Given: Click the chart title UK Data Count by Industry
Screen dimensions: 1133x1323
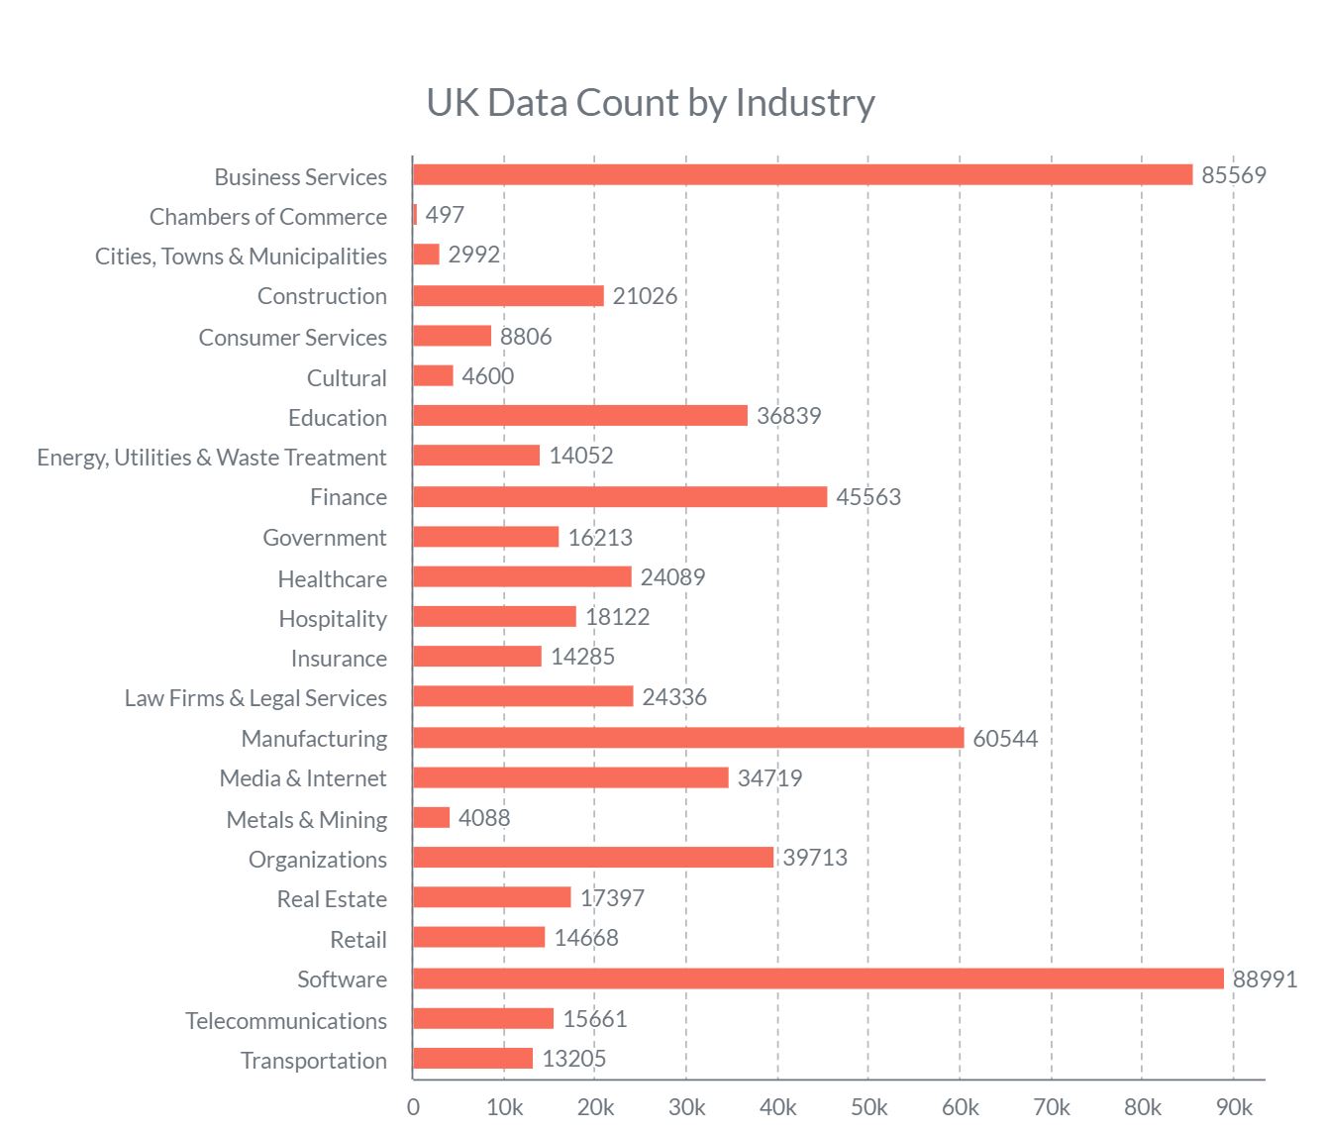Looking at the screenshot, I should (651, 103).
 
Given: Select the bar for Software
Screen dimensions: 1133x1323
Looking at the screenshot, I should (818, 978).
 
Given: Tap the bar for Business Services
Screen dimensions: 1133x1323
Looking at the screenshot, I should (802, 175).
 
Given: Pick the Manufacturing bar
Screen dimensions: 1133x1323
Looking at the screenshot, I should (688, 738).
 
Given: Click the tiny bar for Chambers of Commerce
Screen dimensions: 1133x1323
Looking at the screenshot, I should (415, 215).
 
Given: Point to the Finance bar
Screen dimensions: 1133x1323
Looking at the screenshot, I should (620, 497).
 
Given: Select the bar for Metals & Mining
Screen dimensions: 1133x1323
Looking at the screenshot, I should (432, 818).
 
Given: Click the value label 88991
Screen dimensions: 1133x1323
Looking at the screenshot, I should (1265, 979).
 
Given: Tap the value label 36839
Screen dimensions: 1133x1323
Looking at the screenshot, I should (789, 416).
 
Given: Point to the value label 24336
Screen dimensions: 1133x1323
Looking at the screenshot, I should (674, 697).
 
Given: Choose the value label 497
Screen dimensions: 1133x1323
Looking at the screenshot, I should (445, 215).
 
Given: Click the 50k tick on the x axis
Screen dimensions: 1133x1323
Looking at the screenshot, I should (868, 1107).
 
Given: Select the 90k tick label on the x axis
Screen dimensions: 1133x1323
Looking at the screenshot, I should (1234, 1107).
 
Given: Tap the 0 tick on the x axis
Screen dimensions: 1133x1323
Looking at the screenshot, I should (413, 1107).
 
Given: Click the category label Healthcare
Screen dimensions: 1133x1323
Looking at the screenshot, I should (332, 579).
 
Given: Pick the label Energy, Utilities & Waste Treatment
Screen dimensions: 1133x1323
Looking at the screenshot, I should (212, 458).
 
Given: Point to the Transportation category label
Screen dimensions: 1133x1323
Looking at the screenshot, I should (313, 1061).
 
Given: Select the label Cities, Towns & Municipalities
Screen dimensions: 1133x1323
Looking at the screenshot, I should (241, 257).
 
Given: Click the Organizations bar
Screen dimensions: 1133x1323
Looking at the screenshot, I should (593, 858).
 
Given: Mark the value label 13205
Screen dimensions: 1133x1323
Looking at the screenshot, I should (574, 1059).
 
